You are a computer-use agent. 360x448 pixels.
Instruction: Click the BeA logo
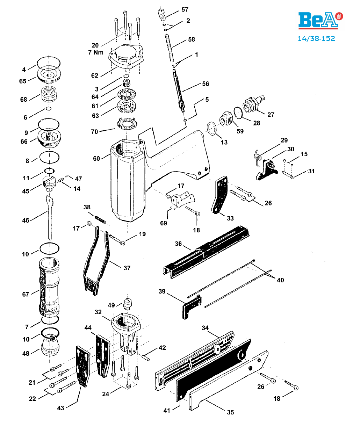[x=320, y=20]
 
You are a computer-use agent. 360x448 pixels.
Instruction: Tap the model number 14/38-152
[x=316, y=38]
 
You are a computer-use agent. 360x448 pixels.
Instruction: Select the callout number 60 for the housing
[x=96, y=158]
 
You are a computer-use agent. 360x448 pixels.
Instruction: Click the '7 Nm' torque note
[x=95, y=52]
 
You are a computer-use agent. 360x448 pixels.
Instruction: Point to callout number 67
[x=26, y=294]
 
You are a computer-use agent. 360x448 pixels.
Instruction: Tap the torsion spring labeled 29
[x=258, y=158]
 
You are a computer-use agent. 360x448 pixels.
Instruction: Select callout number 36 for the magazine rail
[x=178, y=244]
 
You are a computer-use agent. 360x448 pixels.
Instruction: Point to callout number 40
[x=280, y=280]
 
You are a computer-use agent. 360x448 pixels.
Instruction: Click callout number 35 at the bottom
[x=230, y=412]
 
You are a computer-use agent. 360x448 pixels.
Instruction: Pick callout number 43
[x=60, y=408]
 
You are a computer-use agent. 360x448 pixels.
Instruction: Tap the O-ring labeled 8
[x=49, y=158]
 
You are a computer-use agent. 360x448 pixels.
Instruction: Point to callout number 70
[x=94, y=131]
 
